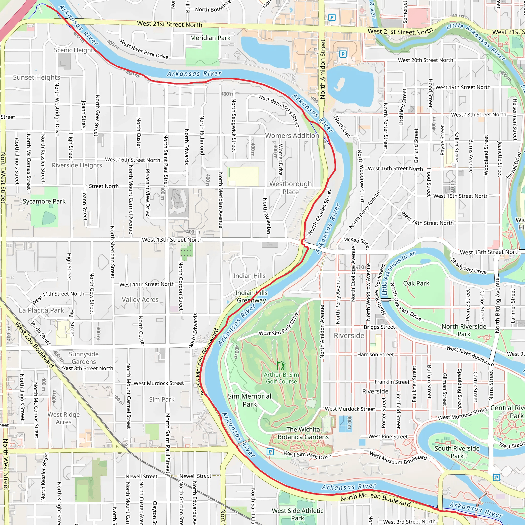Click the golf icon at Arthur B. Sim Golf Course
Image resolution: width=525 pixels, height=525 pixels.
[x=281, y=366]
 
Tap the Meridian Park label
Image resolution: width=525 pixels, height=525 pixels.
[x=210, y=38]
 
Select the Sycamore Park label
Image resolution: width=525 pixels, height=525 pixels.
[x=44, y=201]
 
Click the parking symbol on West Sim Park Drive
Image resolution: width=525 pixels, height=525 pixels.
[x=270, y=452]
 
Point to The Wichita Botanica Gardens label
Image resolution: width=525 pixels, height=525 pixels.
[x=303, y=433]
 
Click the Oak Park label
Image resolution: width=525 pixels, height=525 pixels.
[x=416, y=284]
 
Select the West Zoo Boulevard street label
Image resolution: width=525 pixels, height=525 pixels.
[x=34, y=345]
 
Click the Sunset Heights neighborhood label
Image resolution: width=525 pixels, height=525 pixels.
[x=37, y=77]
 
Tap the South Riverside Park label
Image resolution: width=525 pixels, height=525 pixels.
[x=457, y=452]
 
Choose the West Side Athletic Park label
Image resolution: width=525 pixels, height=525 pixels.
[x=298, y=514]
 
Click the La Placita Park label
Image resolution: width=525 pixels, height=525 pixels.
[x=41, y=310]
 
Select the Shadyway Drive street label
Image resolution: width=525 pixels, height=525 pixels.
[x=469, y=266]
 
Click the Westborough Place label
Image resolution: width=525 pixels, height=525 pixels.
[x=290, y=188]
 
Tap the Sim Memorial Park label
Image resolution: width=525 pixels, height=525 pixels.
[x=249, y=400]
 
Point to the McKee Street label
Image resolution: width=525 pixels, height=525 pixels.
[x=357, y=243]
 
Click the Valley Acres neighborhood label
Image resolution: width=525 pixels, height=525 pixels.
[x=140, y=300]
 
